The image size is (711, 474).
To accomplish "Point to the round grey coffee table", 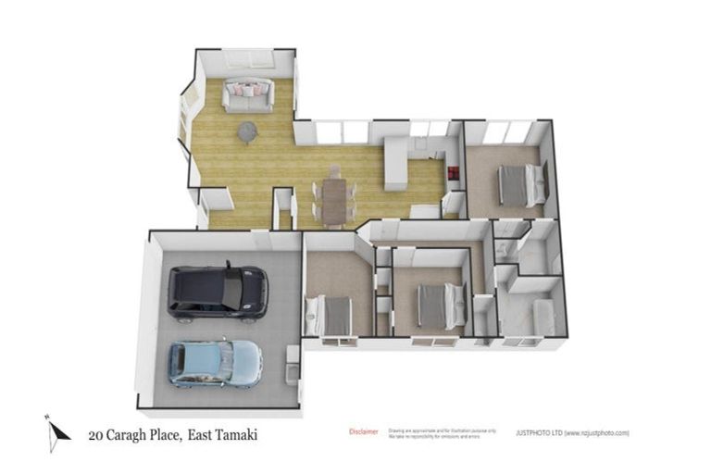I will click(x=248, y=132).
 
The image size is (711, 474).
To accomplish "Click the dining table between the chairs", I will click(x=334, y=199).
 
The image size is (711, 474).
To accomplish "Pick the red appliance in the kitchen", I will click(x=453, y=172).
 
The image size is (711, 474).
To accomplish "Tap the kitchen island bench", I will click(x=396, y=164).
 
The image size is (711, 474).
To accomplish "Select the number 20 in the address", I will click(x=95, y=433).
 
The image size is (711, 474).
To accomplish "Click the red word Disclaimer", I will click(x=364, y=431).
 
